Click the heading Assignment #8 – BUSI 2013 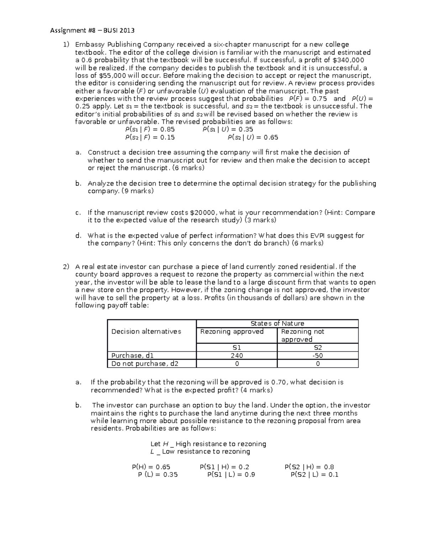tap(93, 31)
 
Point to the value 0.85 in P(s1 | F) tap(167, 129)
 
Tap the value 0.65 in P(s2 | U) tap(271, 137)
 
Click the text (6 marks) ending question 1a tap(188, 168)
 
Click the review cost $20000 tap(203, 213)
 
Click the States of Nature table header tap(277, 323)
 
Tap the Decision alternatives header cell tap(146, 331)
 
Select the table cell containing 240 tap(237, 355)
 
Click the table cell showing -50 tap(317, 355)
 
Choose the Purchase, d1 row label tap(132, 355)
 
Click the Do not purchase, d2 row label tap(145, 364)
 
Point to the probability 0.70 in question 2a tap(279, 382)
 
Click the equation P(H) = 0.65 tap(151, 467)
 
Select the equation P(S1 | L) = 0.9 tap(231, 475)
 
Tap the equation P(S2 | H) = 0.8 tap(309, 467)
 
